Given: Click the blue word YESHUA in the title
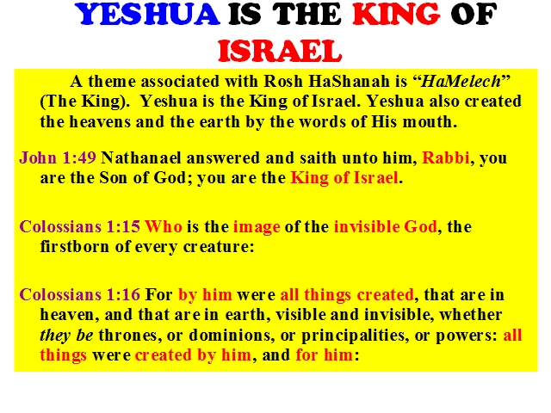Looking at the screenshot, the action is coord(147,15).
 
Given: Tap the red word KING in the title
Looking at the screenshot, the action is coord(396,15).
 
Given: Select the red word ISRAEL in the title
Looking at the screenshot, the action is coord(280,51).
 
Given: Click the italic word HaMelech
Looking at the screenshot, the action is coord(461,82).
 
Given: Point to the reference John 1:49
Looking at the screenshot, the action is coord(58,157).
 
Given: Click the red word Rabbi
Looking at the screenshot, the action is coord(446,157).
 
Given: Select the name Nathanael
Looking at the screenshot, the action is coord(141,157).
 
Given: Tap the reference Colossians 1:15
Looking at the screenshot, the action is coord(80,226).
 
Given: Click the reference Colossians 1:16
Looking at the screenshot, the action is coord(80,294).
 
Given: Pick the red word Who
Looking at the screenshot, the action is coord(164,226).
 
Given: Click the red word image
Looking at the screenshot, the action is coord(257,227).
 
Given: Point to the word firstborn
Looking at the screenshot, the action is coord(75,247).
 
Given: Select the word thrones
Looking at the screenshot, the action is coord(127,335).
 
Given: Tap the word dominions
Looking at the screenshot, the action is coord(232,335).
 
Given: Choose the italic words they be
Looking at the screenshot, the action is coord(66,336).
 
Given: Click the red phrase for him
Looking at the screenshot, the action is coord(324,354).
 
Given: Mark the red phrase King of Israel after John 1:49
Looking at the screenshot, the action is coord(344,178).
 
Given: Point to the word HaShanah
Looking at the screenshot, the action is coord(350,82).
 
